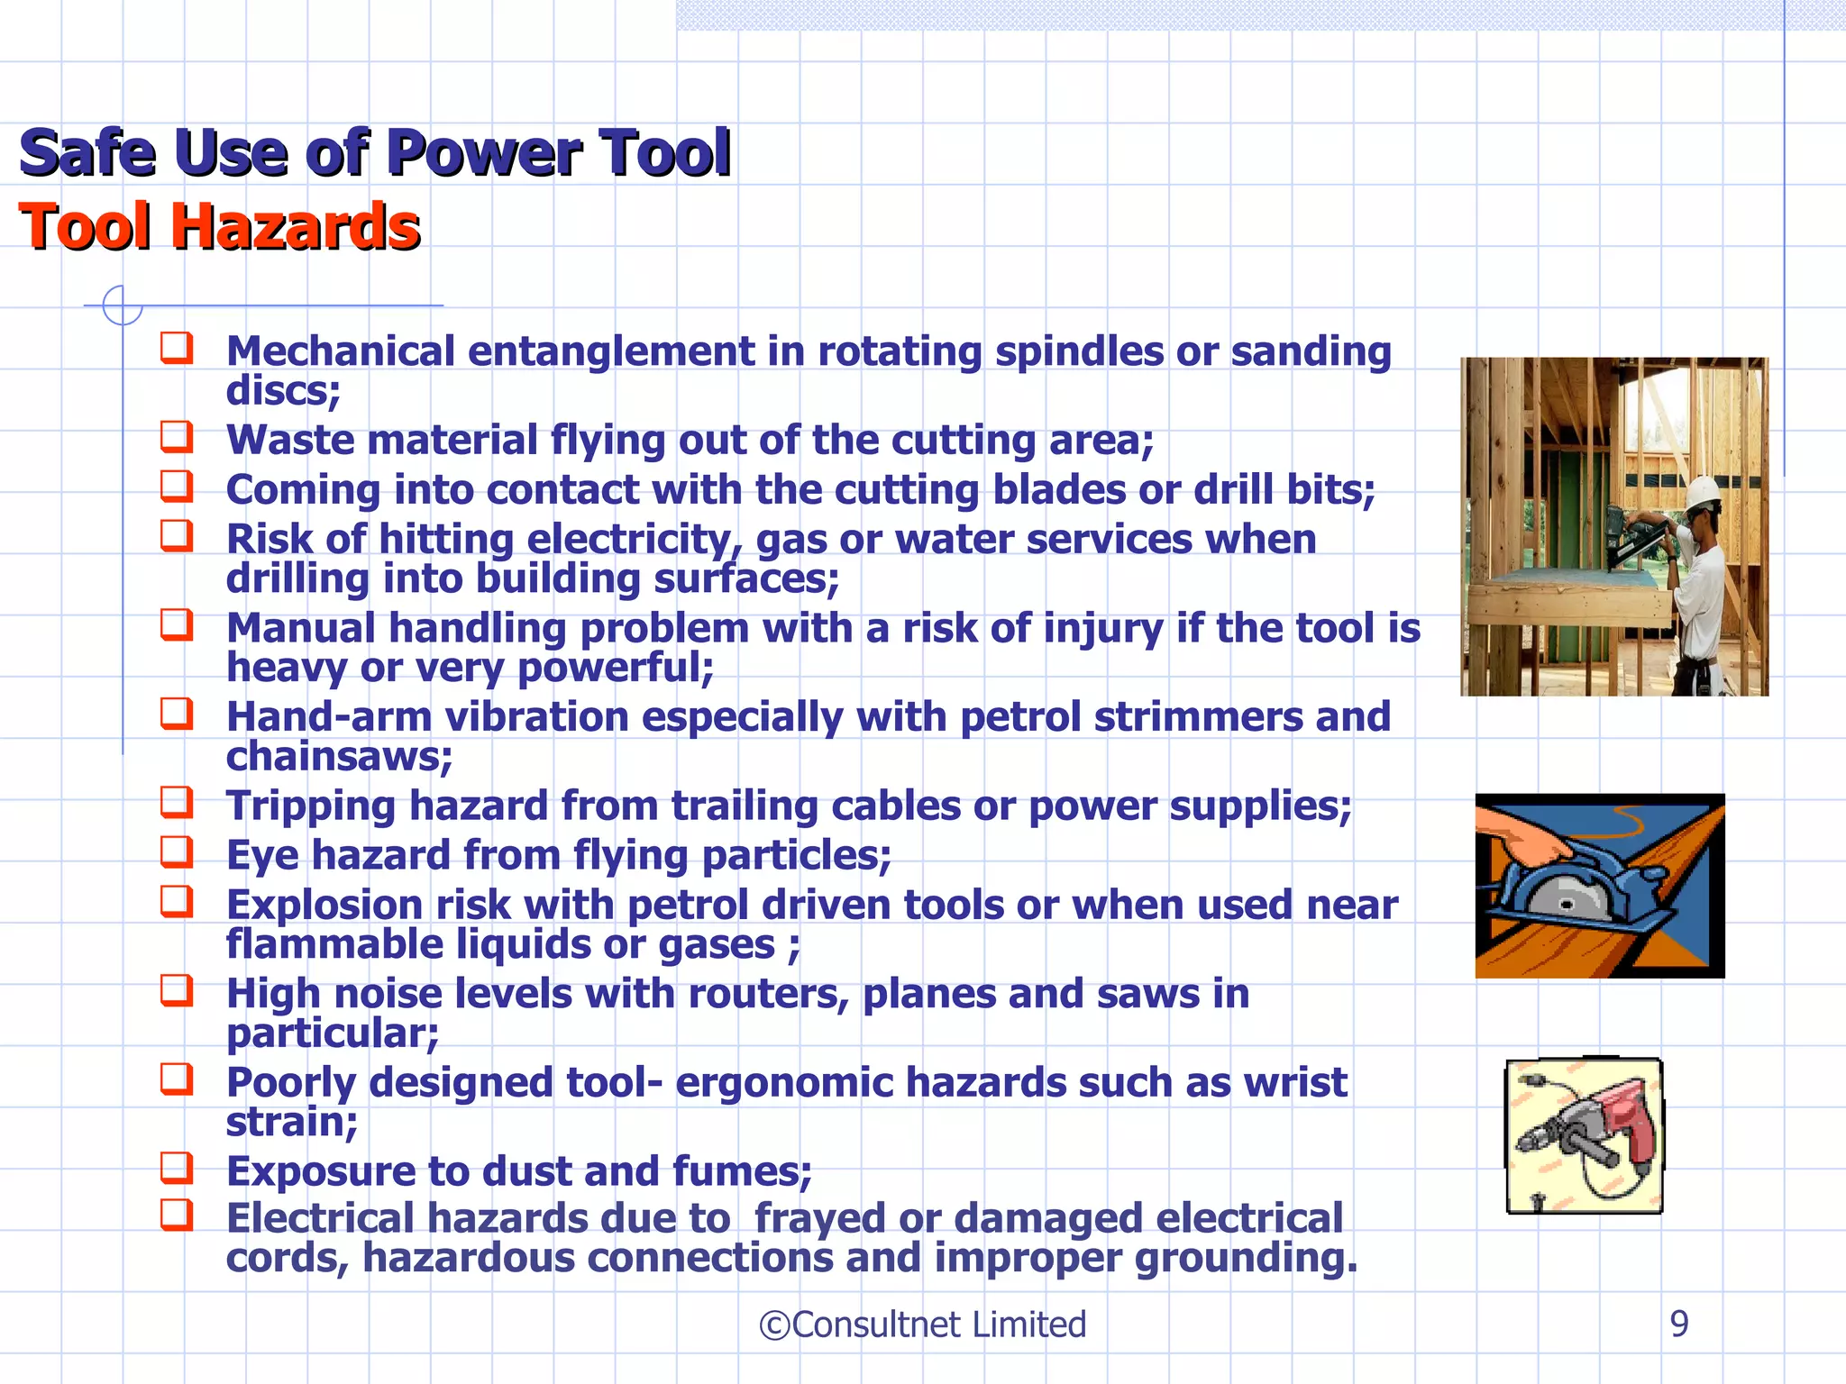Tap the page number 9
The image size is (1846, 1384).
[x=1678, y=1324]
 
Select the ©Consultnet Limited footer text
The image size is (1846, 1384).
[x=922, y=1325]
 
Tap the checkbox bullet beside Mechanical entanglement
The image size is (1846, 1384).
[x=177, y=348]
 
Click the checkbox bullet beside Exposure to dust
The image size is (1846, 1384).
[x=177, y=1168]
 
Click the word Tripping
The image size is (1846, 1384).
[x=310, y=806]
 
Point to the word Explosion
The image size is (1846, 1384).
[x=324, y=905]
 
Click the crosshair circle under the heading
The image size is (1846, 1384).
[x=123, y=305]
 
